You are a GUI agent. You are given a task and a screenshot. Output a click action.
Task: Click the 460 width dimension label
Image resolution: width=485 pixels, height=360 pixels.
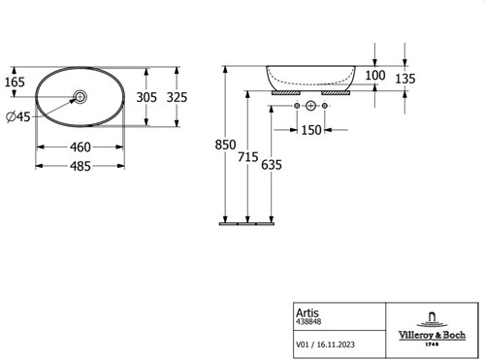81,147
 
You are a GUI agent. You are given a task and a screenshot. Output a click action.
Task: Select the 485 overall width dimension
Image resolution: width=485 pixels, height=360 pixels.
81,166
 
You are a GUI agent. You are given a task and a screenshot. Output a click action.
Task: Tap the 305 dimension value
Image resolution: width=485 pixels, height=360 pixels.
146,97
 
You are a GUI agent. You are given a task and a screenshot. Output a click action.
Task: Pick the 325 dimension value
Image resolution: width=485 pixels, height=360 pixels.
177,97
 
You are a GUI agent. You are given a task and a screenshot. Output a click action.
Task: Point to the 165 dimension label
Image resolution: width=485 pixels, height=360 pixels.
15,82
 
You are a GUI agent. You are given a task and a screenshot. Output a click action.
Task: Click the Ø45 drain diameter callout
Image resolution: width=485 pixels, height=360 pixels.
18,116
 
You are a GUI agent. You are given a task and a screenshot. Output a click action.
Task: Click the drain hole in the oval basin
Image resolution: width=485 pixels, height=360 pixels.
81,96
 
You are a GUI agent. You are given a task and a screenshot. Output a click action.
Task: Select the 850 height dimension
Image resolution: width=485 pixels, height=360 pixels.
225,145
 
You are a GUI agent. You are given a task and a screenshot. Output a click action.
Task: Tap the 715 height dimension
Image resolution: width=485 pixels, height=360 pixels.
248,157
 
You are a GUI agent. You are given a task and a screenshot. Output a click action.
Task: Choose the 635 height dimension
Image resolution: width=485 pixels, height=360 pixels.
272,165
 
